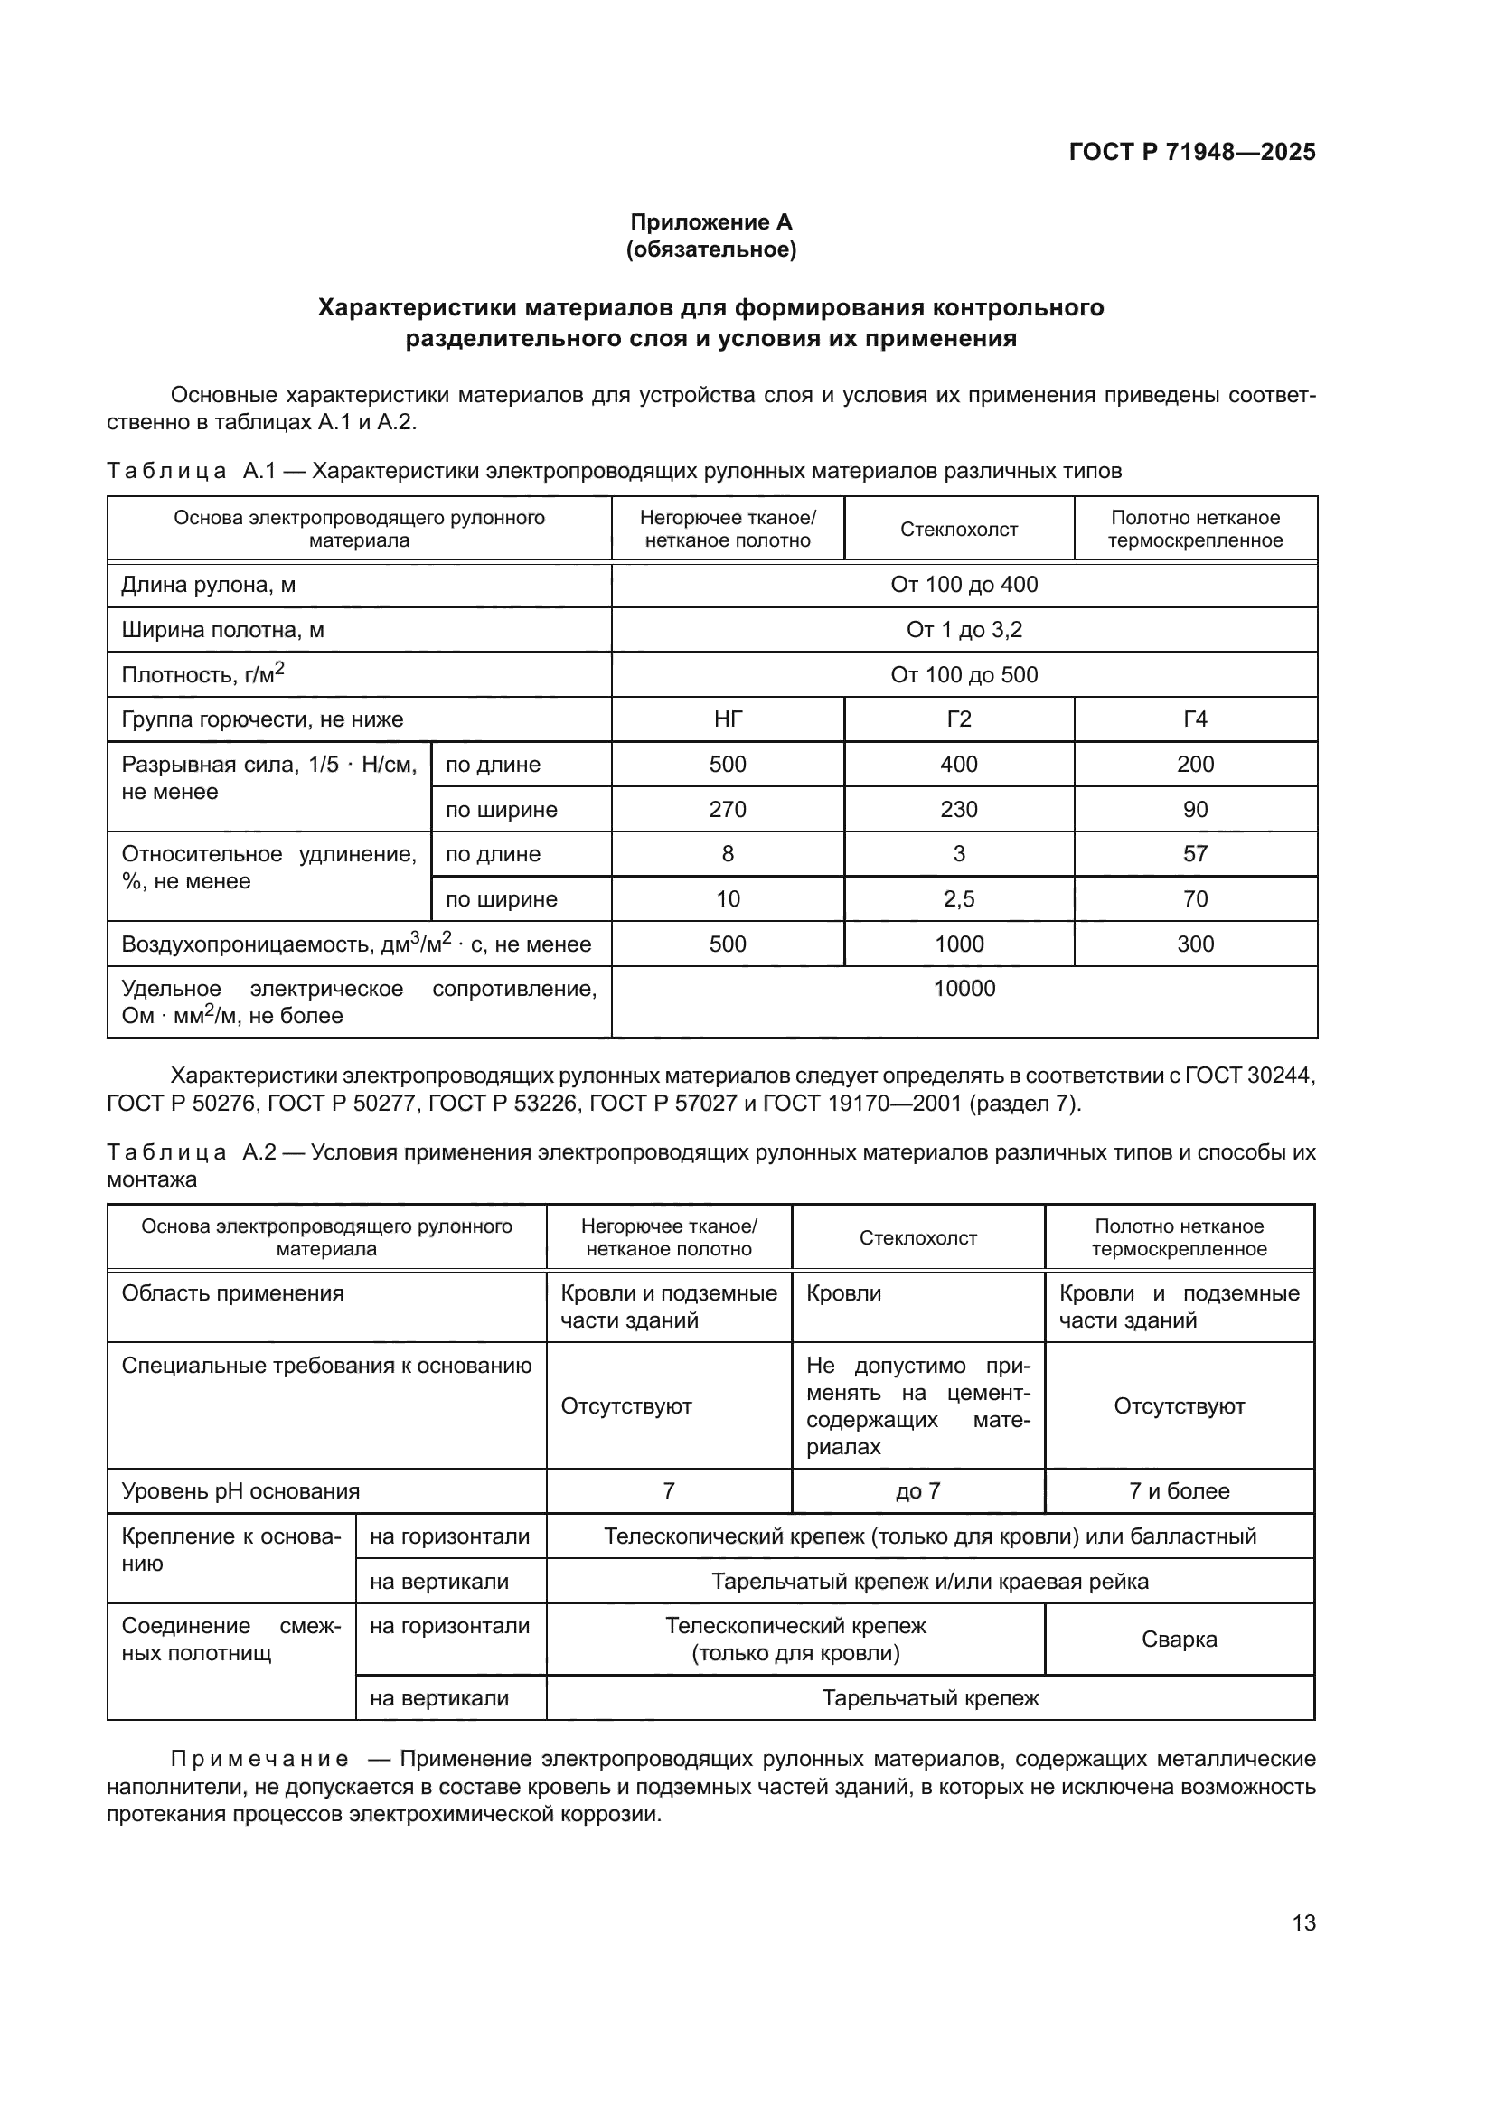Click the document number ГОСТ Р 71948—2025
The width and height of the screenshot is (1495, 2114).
tap(1191, 152)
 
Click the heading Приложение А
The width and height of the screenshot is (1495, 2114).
tap(710, 222)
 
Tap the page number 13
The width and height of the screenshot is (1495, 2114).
tap(1303, 1922)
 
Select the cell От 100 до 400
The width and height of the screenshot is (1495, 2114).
tap(964, 585)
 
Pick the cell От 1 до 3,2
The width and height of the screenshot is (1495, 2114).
tap(964, 630)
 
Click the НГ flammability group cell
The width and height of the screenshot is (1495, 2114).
tap(728, 719)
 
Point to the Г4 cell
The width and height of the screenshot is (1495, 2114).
tap(1195, 719)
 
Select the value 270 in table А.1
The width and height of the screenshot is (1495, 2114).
tap(728, 809)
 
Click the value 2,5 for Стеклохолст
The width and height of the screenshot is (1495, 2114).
tap(958, 898)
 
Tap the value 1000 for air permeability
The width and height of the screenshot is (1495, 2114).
tap(958, 944)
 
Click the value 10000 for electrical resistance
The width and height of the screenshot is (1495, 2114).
tap(964, 989)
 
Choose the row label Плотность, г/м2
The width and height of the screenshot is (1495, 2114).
tap(202, 675)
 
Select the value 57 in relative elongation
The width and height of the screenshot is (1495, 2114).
tap(1195, 853)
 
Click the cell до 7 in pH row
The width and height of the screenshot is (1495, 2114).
tap(917, 1490)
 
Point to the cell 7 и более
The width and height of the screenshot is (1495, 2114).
tap(1179, 1490)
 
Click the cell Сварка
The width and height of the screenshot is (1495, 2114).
tap(1179, 1639)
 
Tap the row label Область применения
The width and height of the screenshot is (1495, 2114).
tap(232, 1292)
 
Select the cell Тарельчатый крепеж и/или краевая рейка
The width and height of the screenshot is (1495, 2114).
tap(930, 1582)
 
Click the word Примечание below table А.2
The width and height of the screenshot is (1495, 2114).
tap(259, 1760)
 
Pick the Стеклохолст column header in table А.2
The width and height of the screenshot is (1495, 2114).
tap(917, 1237)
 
